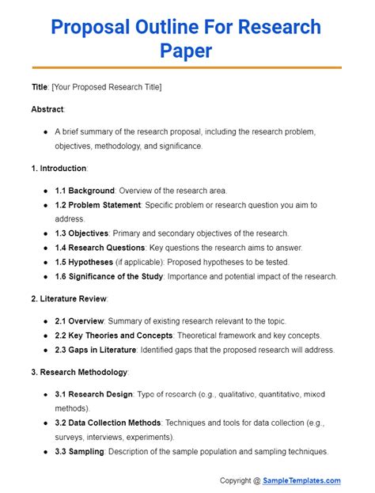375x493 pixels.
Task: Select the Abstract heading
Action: pyautogui.click(x=47, y=108)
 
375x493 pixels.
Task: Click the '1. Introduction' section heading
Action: pyautogui.click(x=59, y=169)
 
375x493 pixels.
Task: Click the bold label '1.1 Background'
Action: pyautogui.click(x=85, y=191)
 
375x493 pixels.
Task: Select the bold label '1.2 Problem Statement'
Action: pyautogui.click(x=98, y=205)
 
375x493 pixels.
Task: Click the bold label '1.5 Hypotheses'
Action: pyautogui.click(x=85, y=262)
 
